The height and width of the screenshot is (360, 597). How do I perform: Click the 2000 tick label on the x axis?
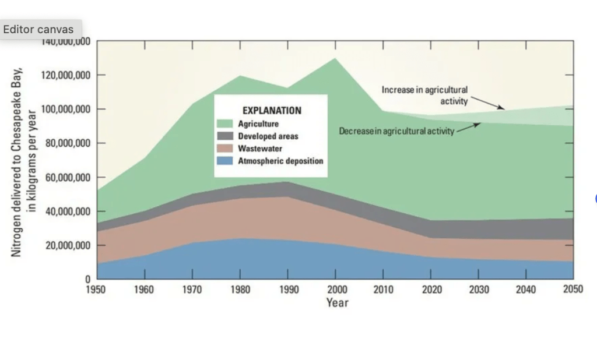pyautogui.click(x=335, y=290)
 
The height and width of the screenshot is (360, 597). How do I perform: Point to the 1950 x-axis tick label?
pyautogui.click(x=97, y=290)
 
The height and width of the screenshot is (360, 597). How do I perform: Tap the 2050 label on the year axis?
pyautogui.click(x=573, y=290)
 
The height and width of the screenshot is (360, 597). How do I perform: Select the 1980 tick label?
pyautogui.click(x=240, y=290)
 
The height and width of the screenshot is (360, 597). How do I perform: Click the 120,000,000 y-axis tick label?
pyautogui.click(x=65, y=76)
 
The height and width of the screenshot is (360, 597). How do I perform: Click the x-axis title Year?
pyautogui.click(x=337, y=302)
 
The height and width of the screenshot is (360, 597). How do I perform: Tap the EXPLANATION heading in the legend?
pyautogui.click(x=272, y=110)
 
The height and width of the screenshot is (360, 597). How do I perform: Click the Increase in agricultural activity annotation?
pyautogui.click(x=424, y=96)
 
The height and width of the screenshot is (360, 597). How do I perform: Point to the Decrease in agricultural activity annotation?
pyautogui.click(x=396, y=131)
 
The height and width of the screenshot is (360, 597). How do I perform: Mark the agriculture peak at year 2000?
pyautogui.click(x=335, y=58)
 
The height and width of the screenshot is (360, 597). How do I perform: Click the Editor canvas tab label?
pyautogui.click(x=38, y=29)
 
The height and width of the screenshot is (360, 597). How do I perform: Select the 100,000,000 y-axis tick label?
pyautogui.click(x=65, y=110)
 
